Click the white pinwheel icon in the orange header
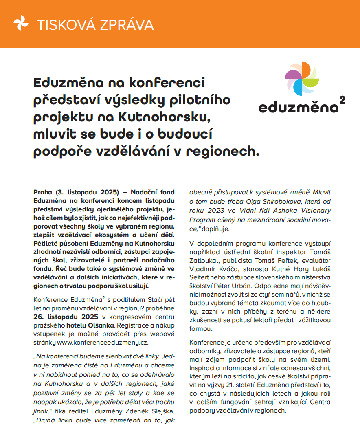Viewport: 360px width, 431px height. (x=21, y=24)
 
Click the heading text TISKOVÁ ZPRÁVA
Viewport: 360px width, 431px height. (x=95, y=24)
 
